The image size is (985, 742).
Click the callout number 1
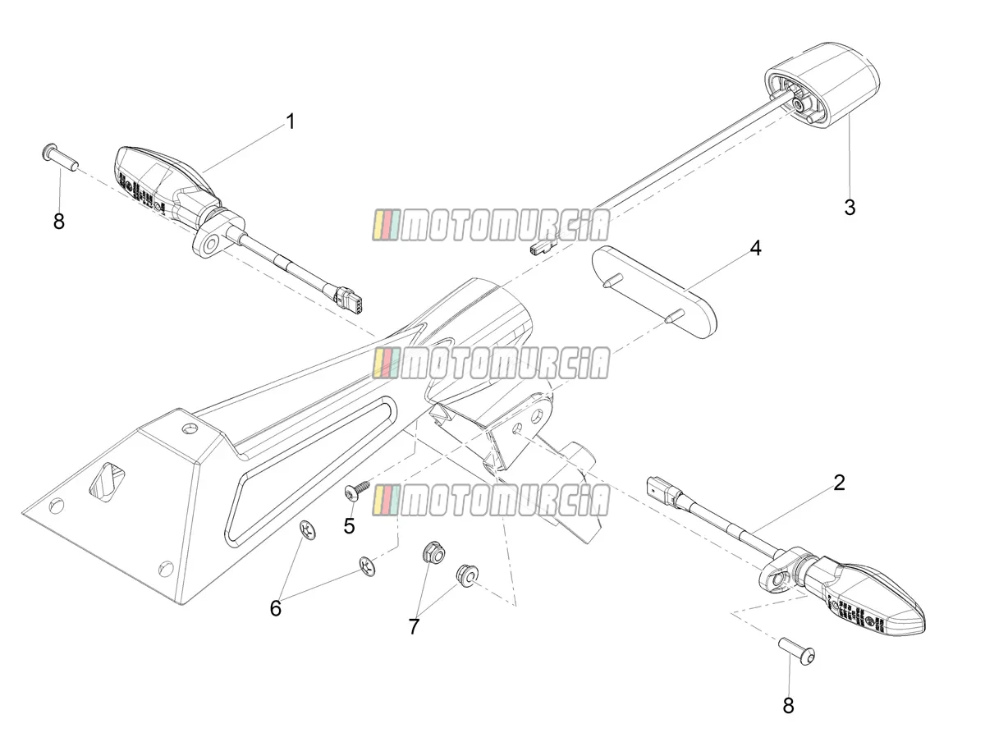[x=291, y=122]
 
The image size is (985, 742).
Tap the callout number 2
[x=839, y=483]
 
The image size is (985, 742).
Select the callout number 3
[x=850, y=208]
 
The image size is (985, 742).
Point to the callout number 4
[x=756, y=248]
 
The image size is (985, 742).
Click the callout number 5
[x=349, y=526]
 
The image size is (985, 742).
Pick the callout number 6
[x=276, y=608]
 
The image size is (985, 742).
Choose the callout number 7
[x=414, y=627]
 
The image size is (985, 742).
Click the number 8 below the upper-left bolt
[x=59, y=222]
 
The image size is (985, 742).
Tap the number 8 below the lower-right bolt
[x=789, y=706]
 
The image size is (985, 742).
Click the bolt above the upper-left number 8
[x=60, y=157]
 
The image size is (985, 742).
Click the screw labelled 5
[x=357, y=489]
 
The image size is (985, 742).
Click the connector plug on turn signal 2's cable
[x=662, y=489]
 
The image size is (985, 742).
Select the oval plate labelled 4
[x=654, y=291]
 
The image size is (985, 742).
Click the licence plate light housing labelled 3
[x=822, y=85]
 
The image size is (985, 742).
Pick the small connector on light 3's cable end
[x=542, y=248]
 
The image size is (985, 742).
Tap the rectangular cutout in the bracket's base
[x=108, y=483]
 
